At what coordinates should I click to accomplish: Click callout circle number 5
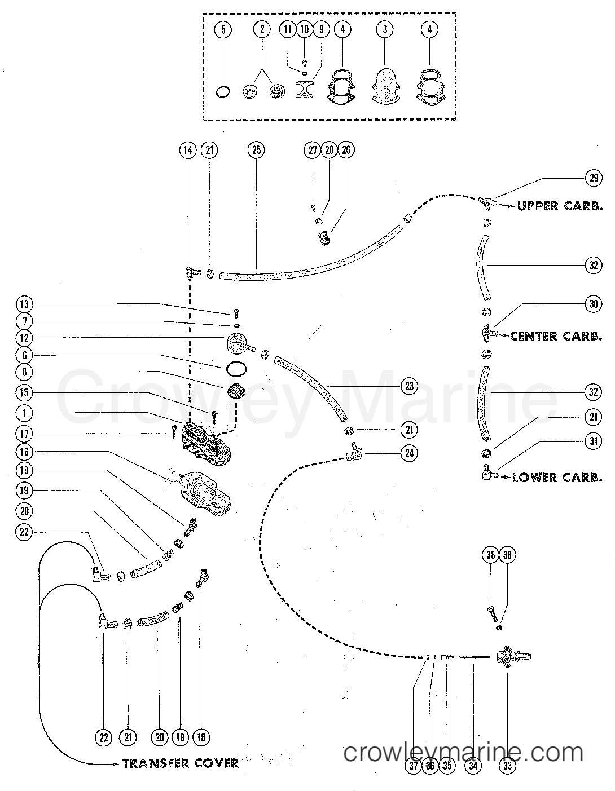pos(223,29)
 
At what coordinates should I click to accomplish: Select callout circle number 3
pos(385,29)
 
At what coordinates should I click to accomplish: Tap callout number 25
pos(256,150)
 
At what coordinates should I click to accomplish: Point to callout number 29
pos(594,178)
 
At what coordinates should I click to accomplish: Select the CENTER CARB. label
pos(556,336)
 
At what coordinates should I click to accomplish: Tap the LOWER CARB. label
pos(557,478)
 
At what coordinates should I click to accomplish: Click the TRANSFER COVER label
pos(180,763)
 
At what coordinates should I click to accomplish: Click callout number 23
pos(408,386)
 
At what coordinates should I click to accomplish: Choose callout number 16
pos(25,452)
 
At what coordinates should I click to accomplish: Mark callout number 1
pos(25,413)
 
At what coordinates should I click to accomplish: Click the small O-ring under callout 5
pos(223,91)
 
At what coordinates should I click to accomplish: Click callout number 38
pos(490,555)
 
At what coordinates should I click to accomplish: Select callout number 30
pos(594,304)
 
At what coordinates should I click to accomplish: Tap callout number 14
pos(187,150)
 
